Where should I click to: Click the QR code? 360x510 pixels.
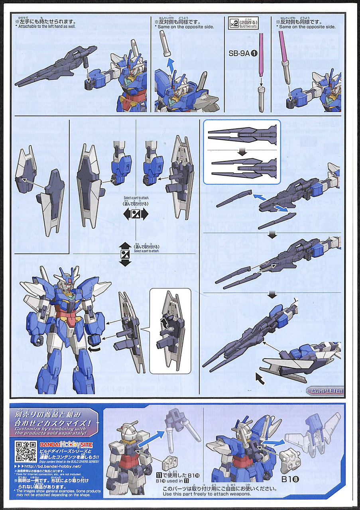(26, 451)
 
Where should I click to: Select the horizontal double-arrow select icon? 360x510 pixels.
(136, 214)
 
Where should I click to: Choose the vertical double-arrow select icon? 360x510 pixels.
(125, 254)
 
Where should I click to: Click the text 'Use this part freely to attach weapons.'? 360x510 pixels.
(207, 494)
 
